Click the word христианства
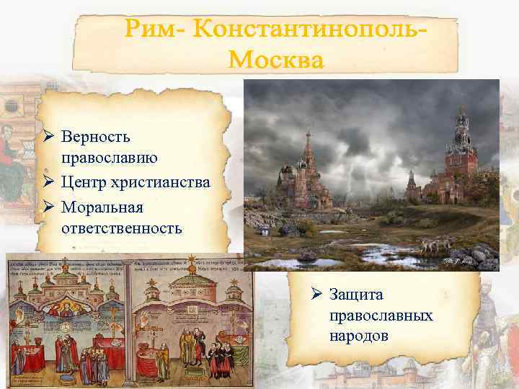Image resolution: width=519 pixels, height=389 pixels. [161, 182]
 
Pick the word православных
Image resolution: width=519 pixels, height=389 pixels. [381, 316]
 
